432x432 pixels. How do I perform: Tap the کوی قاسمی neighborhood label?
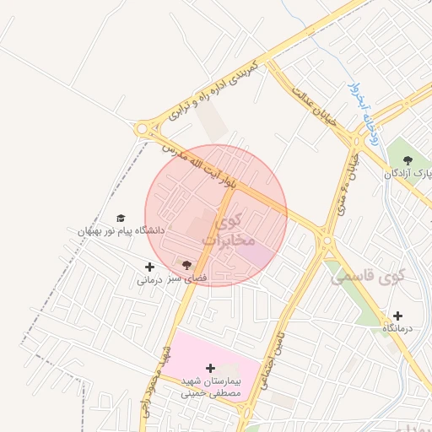(x=368, y=276)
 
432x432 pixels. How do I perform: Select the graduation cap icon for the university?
(x=120, y=218)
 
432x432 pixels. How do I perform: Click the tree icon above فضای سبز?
(x=186, y=265)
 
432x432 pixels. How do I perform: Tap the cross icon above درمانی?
(x=149, y=267)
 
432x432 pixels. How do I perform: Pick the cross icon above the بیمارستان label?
(x=210, y=368)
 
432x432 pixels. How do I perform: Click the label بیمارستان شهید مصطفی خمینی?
(x=211, y=387)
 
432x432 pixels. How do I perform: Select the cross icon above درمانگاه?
(x=397, y=316)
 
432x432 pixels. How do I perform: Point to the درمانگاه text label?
(x=397, y=327)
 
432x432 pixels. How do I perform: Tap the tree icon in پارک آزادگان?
(x=408, y=159)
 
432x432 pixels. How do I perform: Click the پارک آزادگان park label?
(x=408, y=173)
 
